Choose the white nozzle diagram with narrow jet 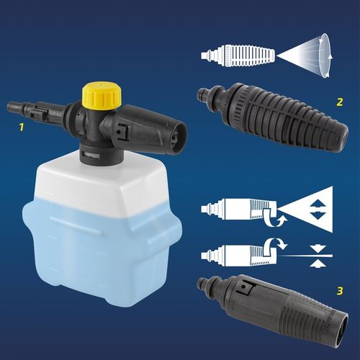pyautogui.click(x=234, y=254)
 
